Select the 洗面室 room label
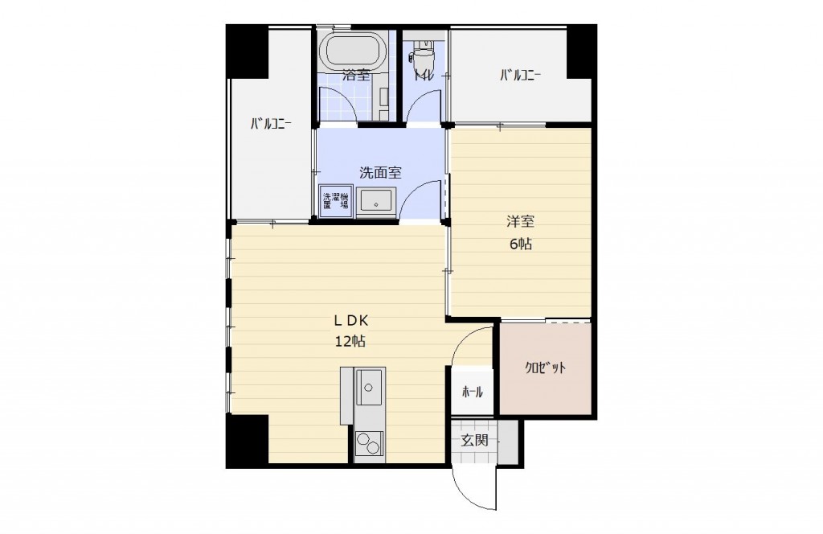click(380, 173)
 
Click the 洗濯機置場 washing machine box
click(335, 202)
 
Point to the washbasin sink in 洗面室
click(376, 202)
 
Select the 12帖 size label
click(350, 342)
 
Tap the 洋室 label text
click(520, 222)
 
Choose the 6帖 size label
click(520, 244)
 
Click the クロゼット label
click(546, 368)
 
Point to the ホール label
click(473, 392)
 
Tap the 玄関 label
click(474, 441)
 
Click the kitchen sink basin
click(370, 387)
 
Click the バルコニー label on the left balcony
click(271, 125)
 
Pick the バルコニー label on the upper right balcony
click(520, 76)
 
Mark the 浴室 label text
click(356, 76)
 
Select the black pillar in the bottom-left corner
click(248, 440)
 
